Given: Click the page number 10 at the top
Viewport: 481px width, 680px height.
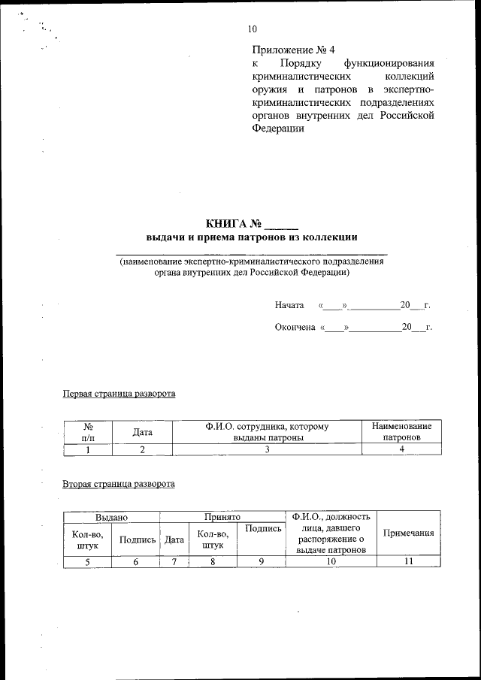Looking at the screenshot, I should [x=252, y=29].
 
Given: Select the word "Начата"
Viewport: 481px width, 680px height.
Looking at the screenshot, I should [x=289, y=305].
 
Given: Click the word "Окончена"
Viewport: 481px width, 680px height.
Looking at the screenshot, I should [x=295, y=328].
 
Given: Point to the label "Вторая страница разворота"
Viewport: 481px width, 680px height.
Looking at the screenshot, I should [x=119, y=483].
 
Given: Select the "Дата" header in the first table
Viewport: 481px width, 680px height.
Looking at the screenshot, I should [x=142, y=432].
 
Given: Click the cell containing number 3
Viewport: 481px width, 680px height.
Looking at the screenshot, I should [x=267, y=449].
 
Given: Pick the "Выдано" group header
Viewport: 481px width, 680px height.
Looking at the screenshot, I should [x=111, y=518].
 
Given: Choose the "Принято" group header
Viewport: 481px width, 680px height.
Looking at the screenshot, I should [x=222, y=518].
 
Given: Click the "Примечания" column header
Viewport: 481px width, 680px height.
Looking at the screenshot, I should [x=409, y=533].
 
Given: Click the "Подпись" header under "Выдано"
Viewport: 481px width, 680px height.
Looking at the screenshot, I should [x=137, y=539].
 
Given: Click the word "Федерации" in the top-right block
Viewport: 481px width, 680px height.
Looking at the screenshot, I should [x=278, y=128].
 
